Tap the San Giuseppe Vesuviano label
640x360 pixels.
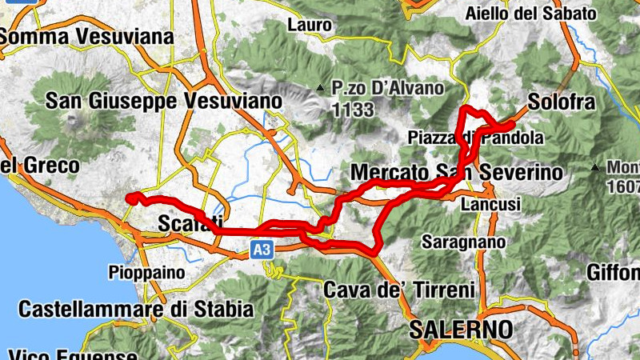[x=164, y=102]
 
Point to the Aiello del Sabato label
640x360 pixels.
[x=542, y=14]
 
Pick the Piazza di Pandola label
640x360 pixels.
[x=475, y=138]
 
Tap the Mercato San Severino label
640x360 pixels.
[x=457, y=172]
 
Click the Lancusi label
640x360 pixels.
[x=490, y=205]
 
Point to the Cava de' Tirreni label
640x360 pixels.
[x=400, y=289]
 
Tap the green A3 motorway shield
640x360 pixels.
[x=262, y=250]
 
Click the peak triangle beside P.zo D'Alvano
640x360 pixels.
[x=320, y=87]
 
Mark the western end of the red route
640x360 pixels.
[x=129, y=198]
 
